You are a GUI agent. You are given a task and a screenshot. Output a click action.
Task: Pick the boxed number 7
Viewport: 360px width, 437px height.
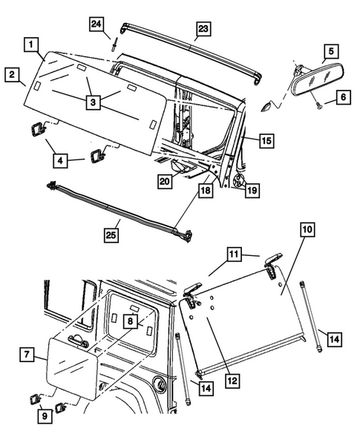[27, 355]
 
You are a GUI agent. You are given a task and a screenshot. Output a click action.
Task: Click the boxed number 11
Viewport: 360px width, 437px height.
[234, 254]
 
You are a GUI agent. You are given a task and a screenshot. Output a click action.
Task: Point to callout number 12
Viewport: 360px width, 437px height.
[232, 381]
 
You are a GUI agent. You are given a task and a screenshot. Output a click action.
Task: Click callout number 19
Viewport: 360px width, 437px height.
[252, 191]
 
